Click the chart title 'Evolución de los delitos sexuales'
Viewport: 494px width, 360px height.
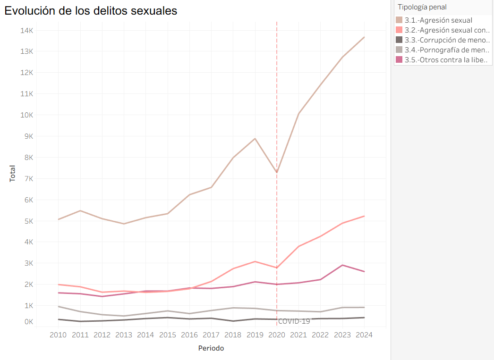pos(91,11)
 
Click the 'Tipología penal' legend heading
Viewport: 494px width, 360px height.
pos(422,7)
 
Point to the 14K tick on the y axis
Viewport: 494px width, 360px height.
pos(26,30)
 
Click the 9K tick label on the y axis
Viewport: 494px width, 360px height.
pos(28,136)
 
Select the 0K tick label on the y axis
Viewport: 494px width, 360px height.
pos(28,322)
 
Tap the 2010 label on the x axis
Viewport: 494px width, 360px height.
pos(58,335)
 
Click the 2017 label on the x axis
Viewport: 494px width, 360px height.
pos(211,335)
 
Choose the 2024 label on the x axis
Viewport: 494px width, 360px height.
pos(364,335)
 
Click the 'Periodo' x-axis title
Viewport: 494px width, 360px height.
pos(211,349)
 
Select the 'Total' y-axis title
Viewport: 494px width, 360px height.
pos(12,174)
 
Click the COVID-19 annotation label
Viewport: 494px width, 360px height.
pos(294,321)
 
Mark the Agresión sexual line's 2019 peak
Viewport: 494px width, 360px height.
pos(255,138)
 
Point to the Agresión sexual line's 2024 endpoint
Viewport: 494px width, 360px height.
pos(364,37)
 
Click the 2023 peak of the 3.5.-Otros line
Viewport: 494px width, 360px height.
pos(342,265)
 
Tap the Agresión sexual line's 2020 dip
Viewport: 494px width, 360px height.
pos(277,172)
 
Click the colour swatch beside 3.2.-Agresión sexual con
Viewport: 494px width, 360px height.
pos(400,30)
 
